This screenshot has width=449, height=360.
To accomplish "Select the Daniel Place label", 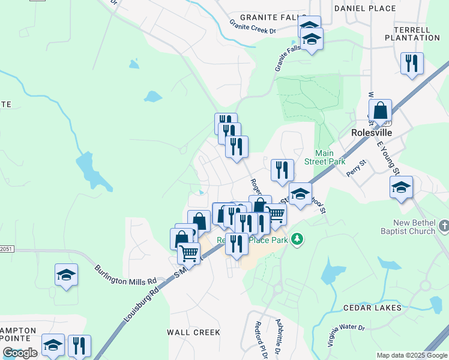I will pyautogui.click(x=365, y=8).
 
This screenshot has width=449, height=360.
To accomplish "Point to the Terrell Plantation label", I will pyautogui.click(x=417, y=34).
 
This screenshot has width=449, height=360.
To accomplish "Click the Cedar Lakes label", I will pyautogui.click(x=372, y=308).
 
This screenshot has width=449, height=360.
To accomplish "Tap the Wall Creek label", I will pyautogui.click(x=193, y=332).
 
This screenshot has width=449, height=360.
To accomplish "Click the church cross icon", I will pyautogui.click(x=444, y=226).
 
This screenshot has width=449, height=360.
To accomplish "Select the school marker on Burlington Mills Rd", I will pyautogui.click(x=66, y=275).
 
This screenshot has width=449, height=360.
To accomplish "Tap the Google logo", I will pyautogui.click(x=20, y=353).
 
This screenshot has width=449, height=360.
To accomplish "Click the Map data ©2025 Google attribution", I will pyautogui.click(x=412, y=355).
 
